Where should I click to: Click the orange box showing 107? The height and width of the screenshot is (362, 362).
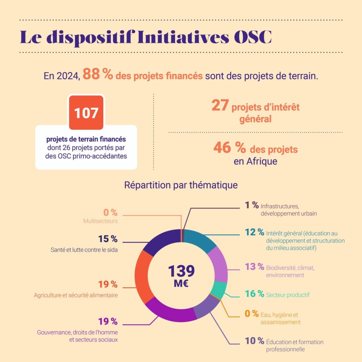(x=86, y=113)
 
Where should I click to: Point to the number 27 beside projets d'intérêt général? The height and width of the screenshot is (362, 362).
(x=220, y=105)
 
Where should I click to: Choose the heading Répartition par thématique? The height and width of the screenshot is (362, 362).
(x=181, y=185)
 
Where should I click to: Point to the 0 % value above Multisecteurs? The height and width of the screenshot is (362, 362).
(x=110, y=212)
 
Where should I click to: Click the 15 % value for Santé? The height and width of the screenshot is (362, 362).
(x=108, y=239)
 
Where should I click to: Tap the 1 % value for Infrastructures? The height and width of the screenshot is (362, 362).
(x=251, y=205)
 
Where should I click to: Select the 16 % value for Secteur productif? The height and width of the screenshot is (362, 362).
(x=255, y=294)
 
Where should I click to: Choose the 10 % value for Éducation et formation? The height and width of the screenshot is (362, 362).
(x=255, y=341)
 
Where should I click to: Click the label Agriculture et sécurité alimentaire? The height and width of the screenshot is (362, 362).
(x=76, y=295)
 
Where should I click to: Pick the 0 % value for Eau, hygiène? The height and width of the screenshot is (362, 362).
(x=252, y=314)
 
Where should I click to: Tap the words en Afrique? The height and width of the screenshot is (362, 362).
(x=256, y=162)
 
